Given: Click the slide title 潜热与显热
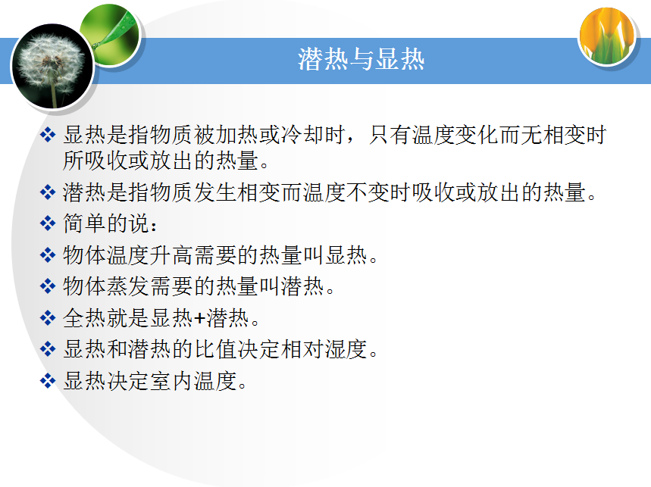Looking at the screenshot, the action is [361, 59].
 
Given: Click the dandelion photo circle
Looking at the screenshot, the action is [53, 66].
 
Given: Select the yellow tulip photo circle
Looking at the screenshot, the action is [607, 36].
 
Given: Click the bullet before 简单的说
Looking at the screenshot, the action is [48, 223].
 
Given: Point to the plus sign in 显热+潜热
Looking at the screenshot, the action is [200, 318].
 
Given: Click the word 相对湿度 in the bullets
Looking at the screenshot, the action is [324, 349].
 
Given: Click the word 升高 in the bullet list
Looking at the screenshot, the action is [171, 254].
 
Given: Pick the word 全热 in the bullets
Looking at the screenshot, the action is [85, 318].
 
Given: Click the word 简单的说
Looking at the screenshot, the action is [106, 223].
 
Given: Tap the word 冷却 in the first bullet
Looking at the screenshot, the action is [302, 135].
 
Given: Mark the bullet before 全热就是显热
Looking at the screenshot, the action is [48, 318].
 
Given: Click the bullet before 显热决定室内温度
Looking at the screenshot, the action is [48, 381].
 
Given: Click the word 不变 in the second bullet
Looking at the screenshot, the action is [368, 192].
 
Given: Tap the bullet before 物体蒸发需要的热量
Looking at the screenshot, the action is [48, 286].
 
